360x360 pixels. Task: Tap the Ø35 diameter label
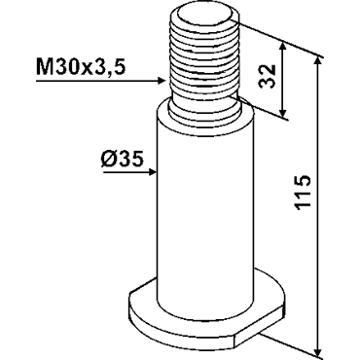pyautogui.click(x=123, y=160)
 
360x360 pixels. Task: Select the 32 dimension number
pyautogui.click(x=269, y=77)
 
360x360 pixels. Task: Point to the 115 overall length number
pyautogui.click(x=303, y=193)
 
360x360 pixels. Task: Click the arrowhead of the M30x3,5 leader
pyautogui.click(x=163, y=81)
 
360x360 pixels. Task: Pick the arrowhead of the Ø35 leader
pyautogui.click(x=154, y=172)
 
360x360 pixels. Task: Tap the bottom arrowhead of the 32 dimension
pyautogui.click(x=283, y=112)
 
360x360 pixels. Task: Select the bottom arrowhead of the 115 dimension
pyautogui.click(x=318, y=350)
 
